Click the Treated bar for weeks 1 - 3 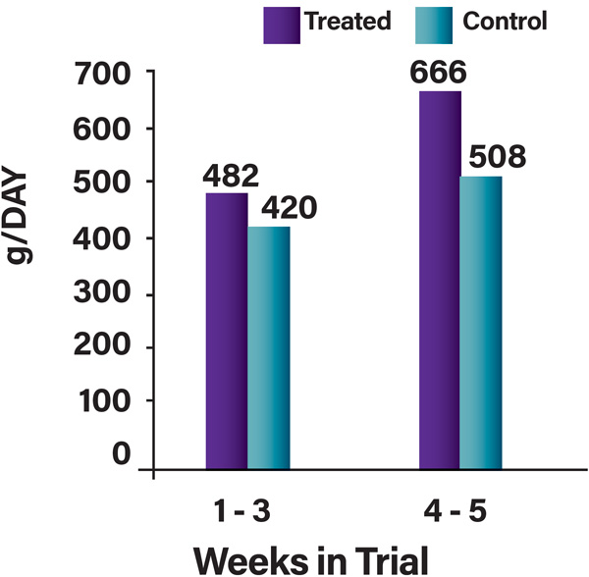pos(227,332)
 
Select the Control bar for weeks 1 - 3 pos(269,349)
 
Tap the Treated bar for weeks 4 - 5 pos(440,281)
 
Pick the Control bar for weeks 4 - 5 pos(482,325)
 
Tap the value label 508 pos(499,156)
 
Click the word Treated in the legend pos(348,22)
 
